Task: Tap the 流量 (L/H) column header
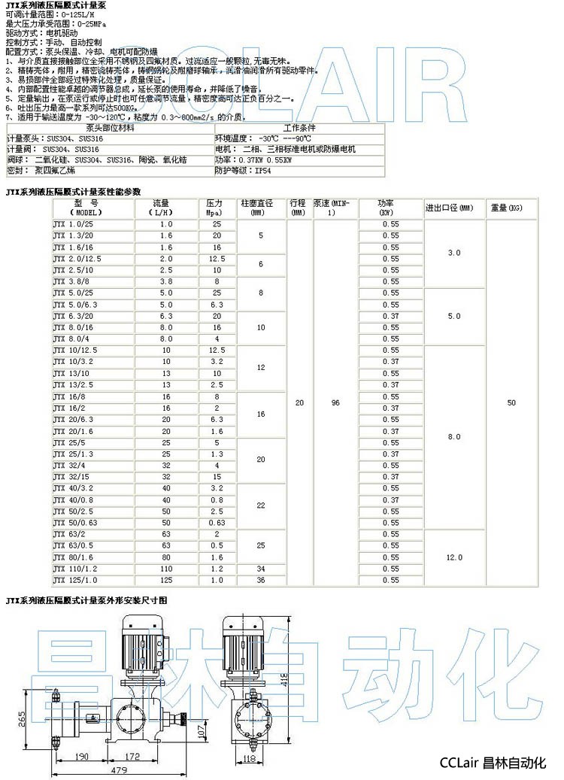[165, 208]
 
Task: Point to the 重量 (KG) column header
[505, 208]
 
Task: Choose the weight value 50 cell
[511, 402]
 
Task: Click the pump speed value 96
[335, 402]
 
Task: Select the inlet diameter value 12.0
[454, 557]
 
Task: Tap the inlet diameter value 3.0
[454, 253]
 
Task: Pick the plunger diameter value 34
[261, 569]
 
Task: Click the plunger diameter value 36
[261, 580]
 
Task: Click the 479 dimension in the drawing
[119, 769]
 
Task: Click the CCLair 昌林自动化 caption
[492, 763]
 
